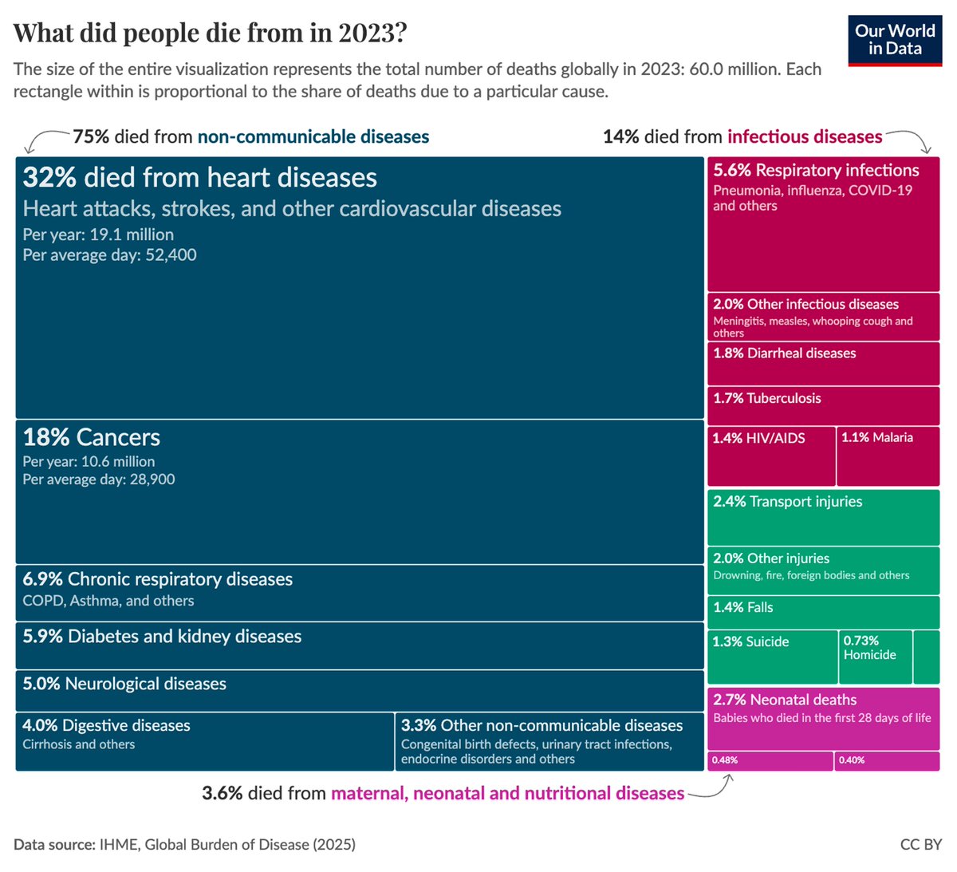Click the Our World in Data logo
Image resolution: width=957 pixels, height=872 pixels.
pos(894,40)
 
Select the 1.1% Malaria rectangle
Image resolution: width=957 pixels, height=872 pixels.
pos(888,456)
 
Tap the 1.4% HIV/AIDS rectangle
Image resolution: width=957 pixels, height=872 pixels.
pos(771,456)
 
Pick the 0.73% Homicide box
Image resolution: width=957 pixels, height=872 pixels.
pos(876,657)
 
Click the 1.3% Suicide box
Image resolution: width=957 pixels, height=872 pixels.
pos(772,657)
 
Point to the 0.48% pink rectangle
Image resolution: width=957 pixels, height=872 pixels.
pos(770,760)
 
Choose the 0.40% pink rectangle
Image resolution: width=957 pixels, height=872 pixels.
pos(887,760)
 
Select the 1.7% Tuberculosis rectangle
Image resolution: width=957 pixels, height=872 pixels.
pos(823,405)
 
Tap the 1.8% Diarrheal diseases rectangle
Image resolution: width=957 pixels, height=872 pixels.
pos(823,363)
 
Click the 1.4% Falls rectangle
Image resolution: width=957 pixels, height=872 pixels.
pos(823,612)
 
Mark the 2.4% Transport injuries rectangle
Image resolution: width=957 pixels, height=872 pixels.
pos(823,517)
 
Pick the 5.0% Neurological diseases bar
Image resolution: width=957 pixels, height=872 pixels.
pos(359,691)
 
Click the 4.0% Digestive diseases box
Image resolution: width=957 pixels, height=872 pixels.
pos(204,742)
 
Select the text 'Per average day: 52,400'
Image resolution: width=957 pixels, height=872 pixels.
pos(109,255)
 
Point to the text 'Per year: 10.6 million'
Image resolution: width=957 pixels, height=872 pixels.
pos(89,461)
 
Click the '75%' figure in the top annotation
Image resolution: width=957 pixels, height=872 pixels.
pos(91,136)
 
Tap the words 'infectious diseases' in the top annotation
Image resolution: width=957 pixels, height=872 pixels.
pos(804,136)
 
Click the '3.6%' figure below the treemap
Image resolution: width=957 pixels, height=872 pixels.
pos(222,793)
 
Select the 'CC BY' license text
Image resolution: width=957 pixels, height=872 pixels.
pos(920,844)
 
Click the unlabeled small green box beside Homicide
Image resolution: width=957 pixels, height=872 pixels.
pos(927,657)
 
